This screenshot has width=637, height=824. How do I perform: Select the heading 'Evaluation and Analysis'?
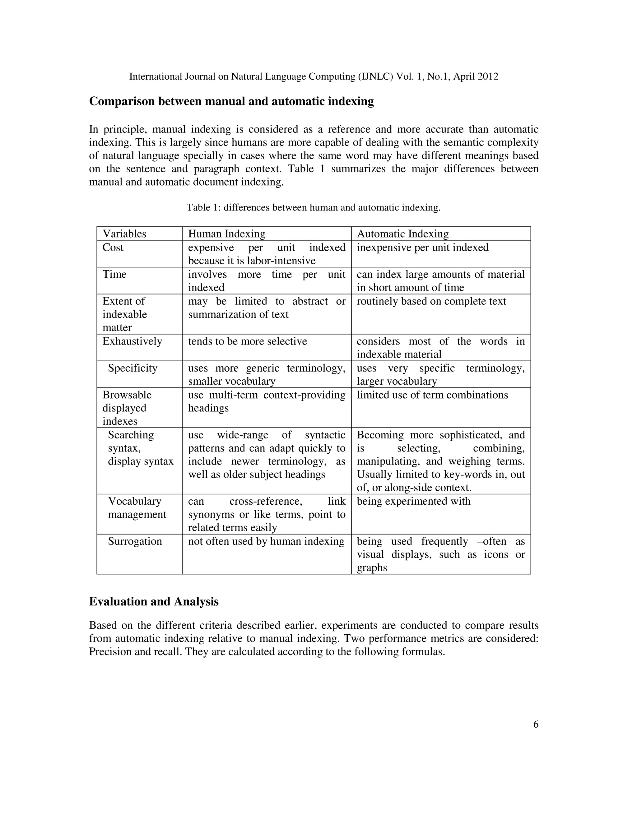click(x=154, y=601)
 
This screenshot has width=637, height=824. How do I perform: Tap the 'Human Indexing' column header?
click(x=226, y=234)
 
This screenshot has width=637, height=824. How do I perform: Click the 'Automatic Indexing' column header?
click(x=403, y=234)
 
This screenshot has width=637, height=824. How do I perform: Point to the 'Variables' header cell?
click(x=124, y=234)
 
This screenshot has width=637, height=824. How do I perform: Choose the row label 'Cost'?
click(x=113, y=248)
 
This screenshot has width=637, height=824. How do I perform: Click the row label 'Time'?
click(x=114, y=274)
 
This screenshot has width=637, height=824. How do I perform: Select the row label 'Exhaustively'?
click(x=132, y=341)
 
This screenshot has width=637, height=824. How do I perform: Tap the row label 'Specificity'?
click(x=133, y=368)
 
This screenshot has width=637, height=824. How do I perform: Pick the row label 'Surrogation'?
click(x=135, y=541)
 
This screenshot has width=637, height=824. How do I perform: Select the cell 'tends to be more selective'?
click(x=248, y=341)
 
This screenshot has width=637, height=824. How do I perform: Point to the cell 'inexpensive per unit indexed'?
click(x=423, y=248)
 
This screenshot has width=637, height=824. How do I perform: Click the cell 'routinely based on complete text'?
click(x=431, y=301)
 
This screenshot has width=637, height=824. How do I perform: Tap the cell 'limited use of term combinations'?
click(x=432, y=395)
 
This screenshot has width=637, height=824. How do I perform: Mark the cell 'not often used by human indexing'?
click(x=266, y=541)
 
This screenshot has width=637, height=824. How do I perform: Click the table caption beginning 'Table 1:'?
click(x=313, y=207)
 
